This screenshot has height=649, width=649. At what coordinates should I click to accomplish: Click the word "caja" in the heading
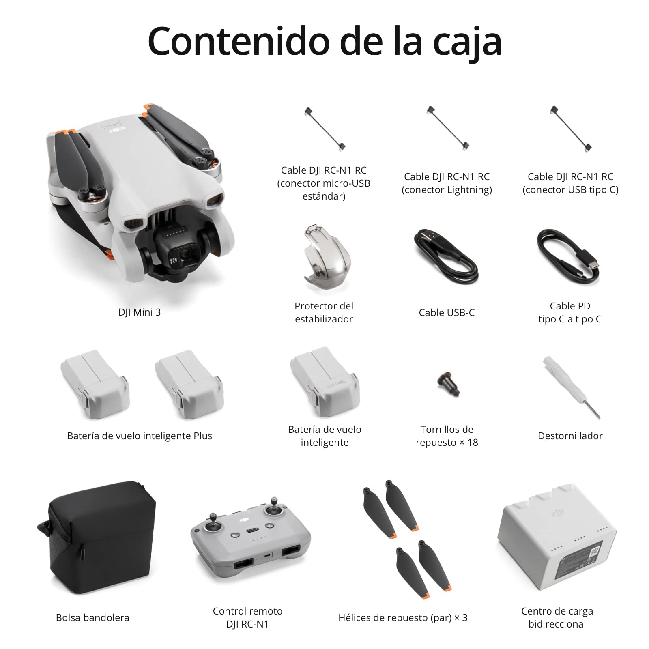(x=467, y=43)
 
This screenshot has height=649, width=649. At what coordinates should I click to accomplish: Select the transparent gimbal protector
(x=327, y=257)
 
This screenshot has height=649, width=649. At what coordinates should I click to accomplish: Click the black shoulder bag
(x=97, y=537)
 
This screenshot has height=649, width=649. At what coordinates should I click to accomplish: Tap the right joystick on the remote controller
(x=274, y=507)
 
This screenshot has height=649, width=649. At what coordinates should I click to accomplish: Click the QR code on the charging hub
(x=594, y=552)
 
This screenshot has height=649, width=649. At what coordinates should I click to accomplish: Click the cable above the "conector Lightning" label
(x=448, y=129)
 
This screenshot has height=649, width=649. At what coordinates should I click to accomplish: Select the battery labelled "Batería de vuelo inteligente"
(x=324, y=382)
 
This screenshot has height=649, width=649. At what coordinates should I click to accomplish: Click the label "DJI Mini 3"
(x=140, y=312)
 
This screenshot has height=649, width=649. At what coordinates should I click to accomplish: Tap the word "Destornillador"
(x=570, y=436)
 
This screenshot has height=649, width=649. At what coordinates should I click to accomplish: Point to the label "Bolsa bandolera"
(x=92, y=618)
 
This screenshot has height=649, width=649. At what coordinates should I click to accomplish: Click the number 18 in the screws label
(x=473, y=443)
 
